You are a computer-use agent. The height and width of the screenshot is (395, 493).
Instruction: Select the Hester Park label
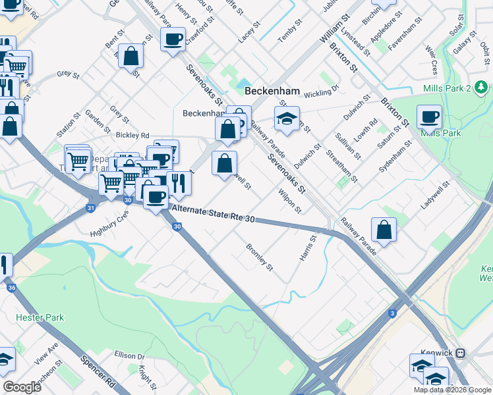pyautogui.click(x=40, y=317)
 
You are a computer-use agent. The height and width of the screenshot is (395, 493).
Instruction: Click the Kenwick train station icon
pyautogui.click(x=459, y=353)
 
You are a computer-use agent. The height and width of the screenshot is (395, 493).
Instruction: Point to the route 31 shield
pyautogui.click(x=90, y=208)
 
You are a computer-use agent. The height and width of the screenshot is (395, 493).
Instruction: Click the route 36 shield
pyautogui.click(x=11, y=288)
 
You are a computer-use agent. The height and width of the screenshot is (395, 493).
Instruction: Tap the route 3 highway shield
pyautogui.click(x=392, y=313)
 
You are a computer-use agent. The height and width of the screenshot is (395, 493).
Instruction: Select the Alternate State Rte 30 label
pyautogui.click(x=212, y=215)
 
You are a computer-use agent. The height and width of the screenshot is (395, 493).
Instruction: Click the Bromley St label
pyautogui.click(x=259, y=257)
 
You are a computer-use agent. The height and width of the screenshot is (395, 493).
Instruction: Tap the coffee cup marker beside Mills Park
pyautogui.click(x=429, y=117)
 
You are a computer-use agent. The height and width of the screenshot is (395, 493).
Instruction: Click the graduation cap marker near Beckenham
pyautogui.click(x=287, y=118)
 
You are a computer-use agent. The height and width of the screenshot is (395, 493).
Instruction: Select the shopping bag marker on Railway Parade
pyautogui.click(x=384, y=230)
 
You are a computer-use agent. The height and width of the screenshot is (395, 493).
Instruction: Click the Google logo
pyautogui.click(x=22, y=387)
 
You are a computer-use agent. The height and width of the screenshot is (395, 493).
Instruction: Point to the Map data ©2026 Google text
pyautogui.click(x=451, y=390)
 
